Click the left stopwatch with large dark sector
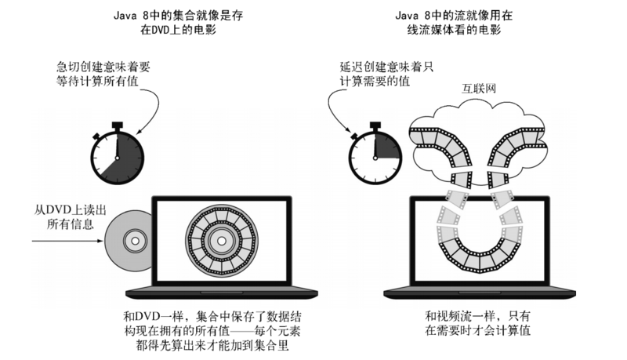coord(117,152)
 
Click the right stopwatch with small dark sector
coord(373,152)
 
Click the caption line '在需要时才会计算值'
coord(477,331)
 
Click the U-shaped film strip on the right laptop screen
coord(479,243)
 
